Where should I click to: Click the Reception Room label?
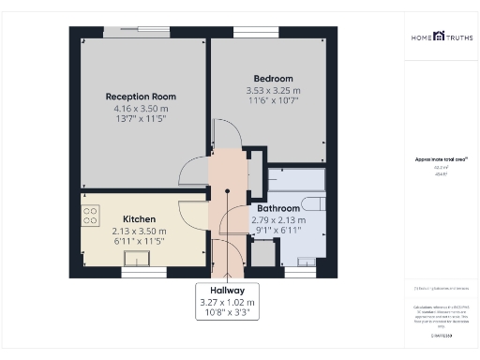pos(141,97)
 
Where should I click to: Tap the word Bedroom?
pos(273,78)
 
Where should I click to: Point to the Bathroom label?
pos(279,208)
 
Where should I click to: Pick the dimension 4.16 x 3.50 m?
pos(141,109)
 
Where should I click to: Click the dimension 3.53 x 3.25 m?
pos(273,90)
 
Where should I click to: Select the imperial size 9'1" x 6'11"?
pos(279,231)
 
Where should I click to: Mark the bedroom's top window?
pos(249,33)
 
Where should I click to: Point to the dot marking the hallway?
pos(227,194)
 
